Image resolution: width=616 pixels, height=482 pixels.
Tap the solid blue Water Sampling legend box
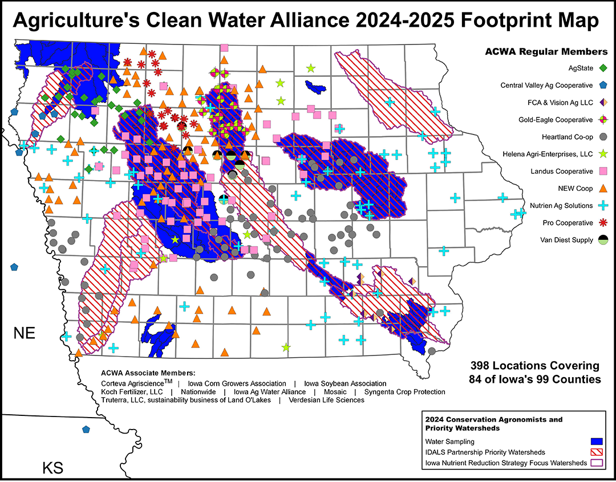(596, 441)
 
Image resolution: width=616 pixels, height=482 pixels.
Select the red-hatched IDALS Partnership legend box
(596, 452)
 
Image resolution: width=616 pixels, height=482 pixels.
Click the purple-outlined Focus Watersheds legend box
(596, 463)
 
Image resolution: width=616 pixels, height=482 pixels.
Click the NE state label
(25, 333)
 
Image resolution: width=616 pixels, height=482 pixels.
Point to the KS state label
(52, 468)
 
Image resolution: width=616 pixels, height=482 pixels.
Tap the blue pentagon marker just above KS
(86, 429)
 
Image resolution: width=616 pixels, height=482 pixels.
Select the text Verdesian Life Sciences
(326, 400)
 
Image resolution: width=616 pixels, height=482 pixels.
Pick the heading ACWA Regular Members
(546, 52)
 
